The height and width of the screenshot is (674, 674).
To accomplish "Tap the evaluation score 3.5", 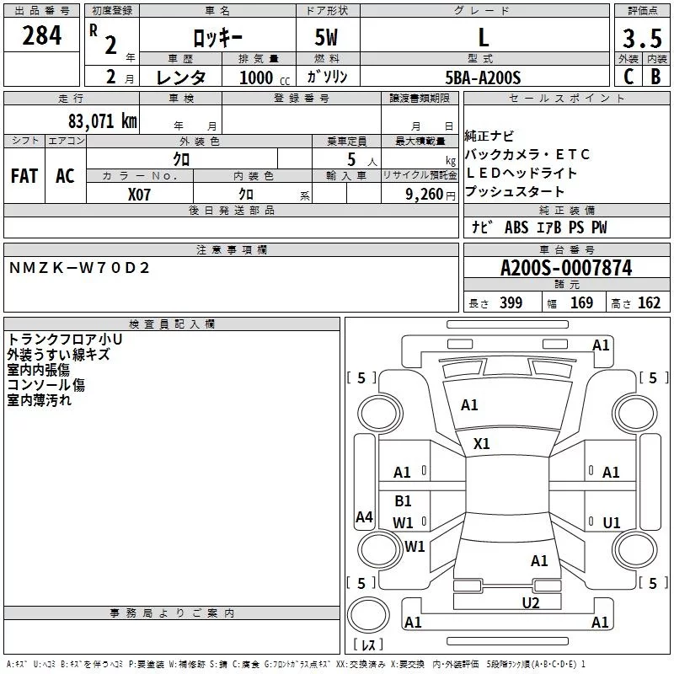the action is tap(641, 39).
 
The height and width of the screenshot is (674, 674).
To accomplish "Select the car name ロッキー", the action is tap(217, 39).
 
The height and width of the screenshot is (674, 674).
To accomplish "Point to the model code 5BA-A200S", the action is tap(484, 78).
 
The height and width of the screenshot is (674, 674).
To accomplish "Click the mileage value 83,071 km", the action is tap(102, 120).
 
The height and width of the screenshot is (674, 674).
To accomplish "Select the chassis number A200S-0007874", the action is tap(565, 269).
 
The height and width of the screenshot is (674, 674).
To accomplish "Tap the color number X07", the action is tap(140, 194).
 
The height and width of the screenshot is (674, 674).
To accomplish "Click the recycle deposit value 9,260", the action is tap(424, 195).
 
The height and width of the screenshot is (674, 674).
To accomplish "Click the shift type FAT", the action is tap(24, 176).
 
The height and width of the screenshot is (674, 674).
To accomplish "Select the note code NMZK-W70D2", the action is tap(79, 268).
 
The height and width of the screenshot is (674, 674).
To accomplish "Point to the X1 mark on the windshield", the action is tap(482, 443).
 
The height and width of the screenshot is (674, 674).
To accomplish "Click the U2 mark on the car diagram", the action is tap(530, 602).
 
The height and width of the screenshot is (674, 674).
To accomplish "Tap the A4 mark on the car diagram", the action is tap(364, 517).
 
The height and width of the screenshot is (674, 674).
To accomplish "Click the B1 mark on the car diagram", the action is tap(403, 501).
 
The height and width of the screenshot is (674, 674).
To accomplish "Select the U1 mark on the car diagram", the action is tap(612, 523).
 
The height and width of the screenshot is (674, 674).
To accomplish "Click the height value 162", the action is tap(649, 303).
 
